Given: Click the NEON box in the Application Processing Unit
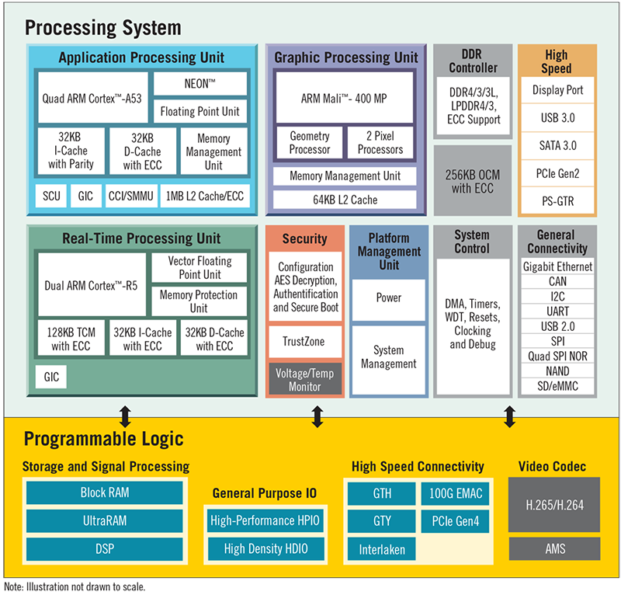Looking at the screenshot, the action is tap(200, 84).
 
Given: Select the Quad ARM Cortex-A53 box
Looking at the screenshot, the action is tap(92, 98).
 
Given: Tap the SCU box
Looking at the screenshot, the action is tap(51, 196).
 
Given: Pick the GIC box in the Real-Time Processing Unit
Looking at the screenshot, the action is tap(51, 377).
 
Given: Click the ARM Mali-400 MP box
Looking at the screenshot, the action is tap(344, 98).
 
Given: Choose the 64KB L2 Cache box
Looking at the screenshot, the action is tap(345, 200).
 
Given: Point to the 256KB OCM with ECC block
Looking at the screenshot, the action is tap(473, 181).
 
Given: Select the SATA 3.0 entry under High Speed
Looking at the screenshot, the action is tap(557, 145).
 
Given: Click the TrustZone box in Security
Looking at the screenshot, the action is tap(304, 341).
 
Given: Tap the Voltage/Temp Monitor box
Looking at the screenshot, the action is tap(305, 379).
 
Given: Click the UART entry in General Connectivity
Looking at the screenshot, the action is tap(557, 311).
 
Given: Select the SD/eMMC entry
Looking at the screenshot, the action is tap(557, 386).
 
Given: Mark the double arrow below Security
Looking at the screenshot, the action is tap(317, 416).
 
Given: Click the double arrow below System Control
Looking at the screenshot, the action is tap(510, 416).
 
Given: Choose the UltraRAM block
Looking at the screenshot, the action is tap(105, 520).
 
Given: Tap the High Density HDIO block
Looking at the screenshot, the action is tap(265, 548).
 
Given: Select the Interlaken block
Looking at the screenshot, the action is tap(382, 549).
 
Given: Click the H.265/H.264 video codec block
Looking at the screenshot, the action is tap(554, 505).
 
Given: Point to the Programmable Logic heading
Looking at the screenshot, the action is tap(103, 439).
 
